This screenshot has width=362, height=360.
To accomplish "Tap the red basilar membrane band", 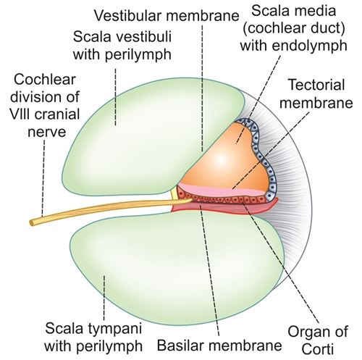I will pyautogui.click(x=217, y=209).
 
